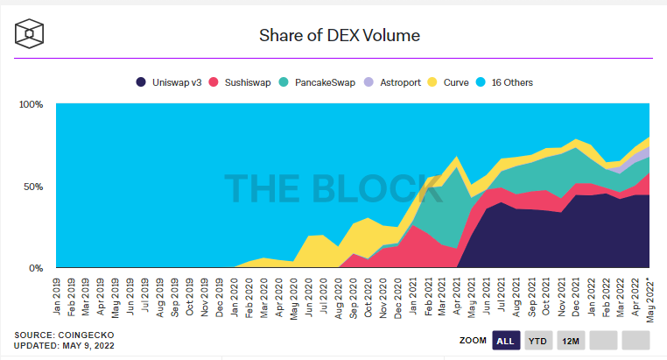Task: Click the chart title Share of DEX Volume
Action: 340,36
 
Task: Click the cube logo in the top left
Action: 31,35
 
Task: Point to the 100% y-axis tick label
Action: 32,104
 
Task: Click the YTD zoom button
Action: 538,340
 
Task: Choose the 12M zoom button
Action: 570,340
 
